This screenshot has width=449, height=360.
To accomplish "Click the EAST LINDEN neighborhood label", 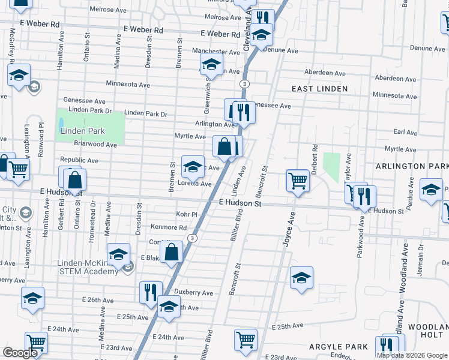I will tap(319, 89).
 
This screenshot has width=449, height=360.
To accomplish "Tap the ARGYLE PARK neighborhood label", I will tap(338, 347).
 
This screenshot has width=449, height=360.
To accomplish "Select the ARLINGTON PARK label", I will tap(412, 166).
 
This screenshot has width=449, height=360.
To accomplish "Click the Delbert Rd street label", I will tap(314, 158).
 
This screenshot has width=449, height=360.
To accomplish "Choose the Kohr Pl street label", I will tap(187, 214).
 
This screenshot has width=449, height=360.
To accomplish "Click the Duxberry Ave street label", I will tap(193, 293).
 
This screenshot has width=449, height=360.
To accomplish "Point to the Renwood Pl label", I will tap(41, 140).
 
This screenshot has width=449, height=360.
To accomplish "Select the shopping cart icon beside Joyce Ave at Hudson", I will tap(298, 180).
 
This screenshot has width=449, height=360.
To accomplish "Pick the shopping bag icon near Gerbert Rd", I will tap(75, 179).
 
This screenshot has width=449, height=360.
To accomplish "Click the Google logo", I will tap(20, 353).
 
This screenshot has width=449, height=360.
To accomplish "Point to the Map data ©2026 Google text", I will tap(412, 355).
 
